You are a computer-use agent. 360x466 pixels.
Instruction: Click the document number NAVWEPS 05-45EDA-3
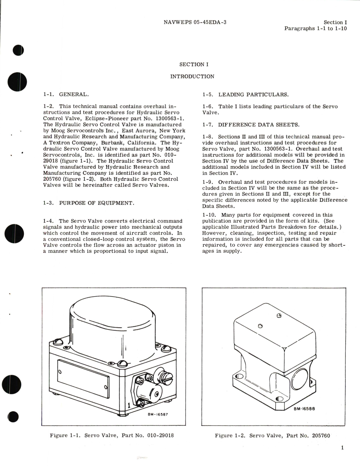pyautogui.click(x=195, y=22)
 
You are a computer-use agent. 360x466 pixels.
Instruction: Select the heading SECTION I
pyautogui.click(x=194, y=64)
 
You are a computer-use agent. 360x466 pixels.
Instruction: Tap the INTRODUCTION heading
pyautogui.click(x=192, y=77)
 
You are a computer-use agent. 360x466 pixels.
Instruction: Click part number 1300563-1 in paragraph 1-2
pyautogui.click(x=169, y=118)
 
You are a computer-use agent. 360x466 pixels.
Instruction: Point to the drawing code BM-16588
pyautogui.click(x=304, y=409)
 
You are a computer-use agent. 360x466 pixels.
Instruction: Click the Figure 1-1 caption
pyautogui.click(x=112, y=436)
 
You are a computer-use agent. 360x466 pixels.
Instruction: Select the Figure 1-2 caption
pyautogui.click(x=272, y=436)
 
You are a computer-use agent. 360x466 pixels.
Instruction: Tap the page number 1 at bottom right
pyautogui.click(x=342, y=448)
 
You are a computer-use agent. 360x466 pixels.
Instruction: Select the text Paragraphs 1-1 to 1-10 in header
pyautogui.click(x=315, y=28)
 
